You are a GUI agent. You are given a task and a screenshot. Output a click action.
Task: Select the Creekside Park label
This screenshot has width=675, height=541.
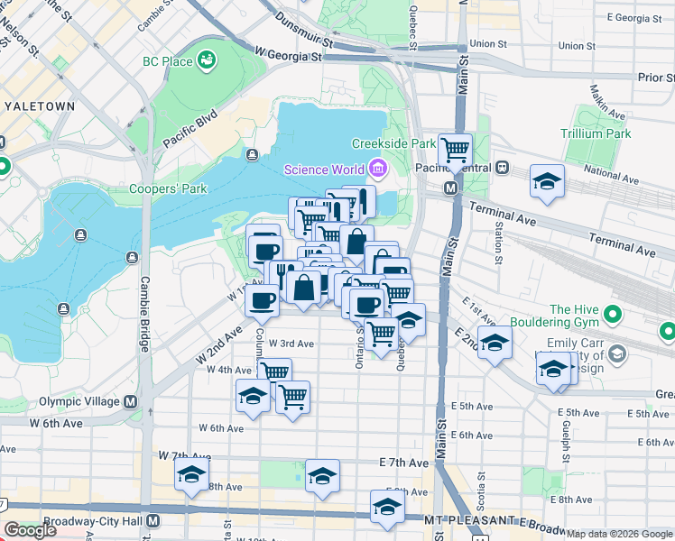pyautogui.click(x=393, y=144)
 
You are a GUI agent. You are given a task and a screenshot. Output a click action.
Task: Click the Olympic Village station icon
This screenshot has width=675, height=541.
pyautogui.click(x=132, y=402)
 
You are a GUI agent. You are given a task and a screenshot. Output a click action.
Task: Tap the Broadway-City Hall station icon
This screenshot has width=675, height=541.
pyautogui.click(x=154, y=521)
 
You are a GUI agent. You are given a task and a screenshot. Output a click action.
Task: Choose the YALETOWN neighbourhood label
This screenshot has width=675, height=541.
pyautogui.click(x=40, y=105)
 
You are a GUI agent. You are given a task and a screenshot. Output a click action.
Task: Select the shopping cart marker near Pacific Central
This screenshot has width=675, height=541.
pyautogui.click(x=456, y=147)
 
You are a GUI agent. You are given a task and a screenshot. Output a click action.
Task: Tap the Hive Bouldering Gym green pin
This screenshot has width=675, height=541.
pyautogui.click(x=614, y=315)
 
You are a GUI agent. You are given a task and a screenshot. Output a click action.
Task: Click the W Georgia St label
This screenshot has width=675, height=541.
pyautogui.click(x=288, y=56)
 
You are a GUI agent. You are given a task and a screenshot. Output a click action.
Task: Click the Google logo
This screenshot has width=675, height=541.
pyautogui.click(x=31, y=530)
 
